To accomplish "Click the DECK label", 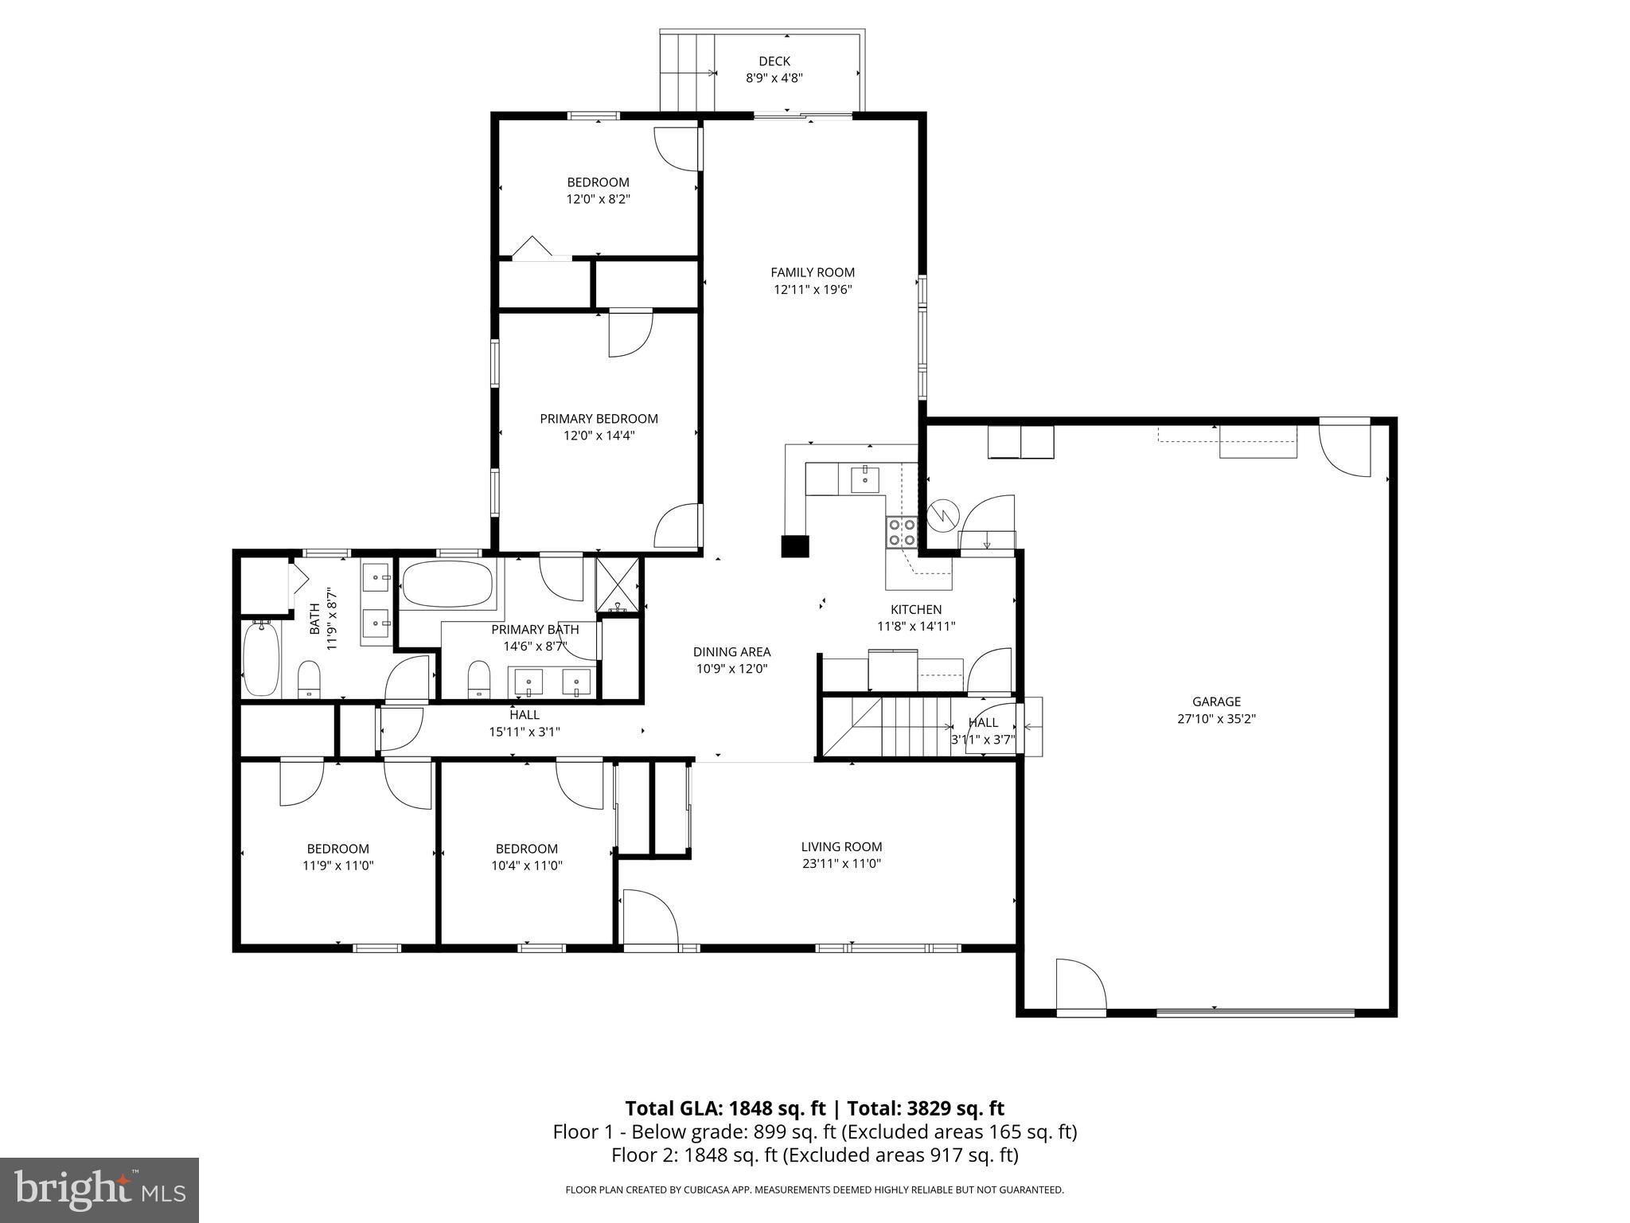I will (774, 61).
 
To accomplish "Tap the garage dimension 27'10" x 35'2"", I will (1216, 718).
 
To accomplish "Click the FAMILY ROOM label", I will (813, 272).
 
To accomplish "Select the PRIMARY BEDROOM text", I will (599, 419).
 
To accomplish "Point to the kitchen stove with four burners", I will (902, 532).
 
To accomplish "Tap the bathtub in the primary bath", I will (446, 584).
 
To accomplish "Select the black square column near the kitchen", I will (794, 546).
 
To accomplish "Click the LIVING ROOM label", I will (841, 847).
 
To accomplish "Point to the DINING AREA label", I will (731, 652).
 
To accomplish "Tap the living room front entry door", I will (649, 920).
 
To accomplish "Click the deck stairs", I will (687, 72).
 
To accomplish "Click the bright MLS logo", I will (99, 1190).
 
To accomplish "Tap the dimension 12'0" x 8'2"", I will (599, 199).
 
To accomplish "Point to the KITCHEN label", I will (916, 609).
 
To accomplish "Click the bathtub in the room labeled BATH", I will (260, 659).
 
